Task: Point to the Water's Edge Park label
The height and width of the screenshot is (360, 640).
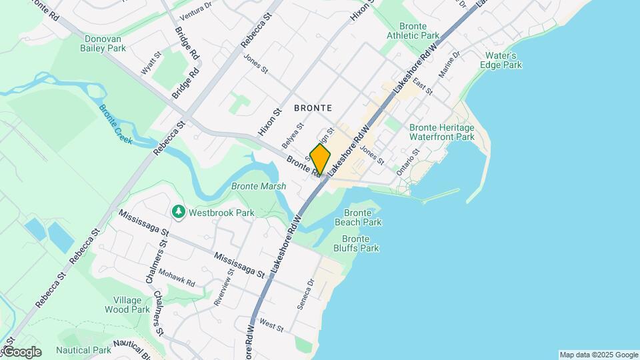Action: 501,60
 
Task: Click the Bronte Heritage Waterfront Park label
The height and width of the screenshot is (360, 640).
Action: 441,132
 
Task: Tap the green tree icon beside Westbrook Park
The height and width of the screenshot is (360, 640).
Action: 178,212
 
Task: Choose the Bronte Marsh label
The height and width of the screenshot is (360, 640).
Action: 258,186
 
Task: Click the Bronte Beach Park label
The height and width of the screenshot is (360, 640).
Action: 357,217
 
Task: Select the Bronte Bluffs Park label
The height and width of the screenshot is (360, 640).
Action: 360,243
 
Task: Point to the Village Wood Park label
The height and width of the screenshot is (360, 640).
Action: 127,305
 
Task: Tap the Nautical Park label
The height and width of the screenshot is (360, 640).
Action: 83,350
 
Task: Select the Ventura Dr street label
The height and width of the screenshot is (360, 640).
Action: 195,9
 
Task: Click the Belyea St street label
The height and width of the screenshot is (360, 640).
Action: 293,135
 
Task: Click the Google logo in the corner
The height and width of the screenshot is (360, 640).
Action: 21,352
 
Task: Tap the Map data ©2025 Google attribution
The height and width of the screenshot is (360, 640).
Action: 598,355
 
